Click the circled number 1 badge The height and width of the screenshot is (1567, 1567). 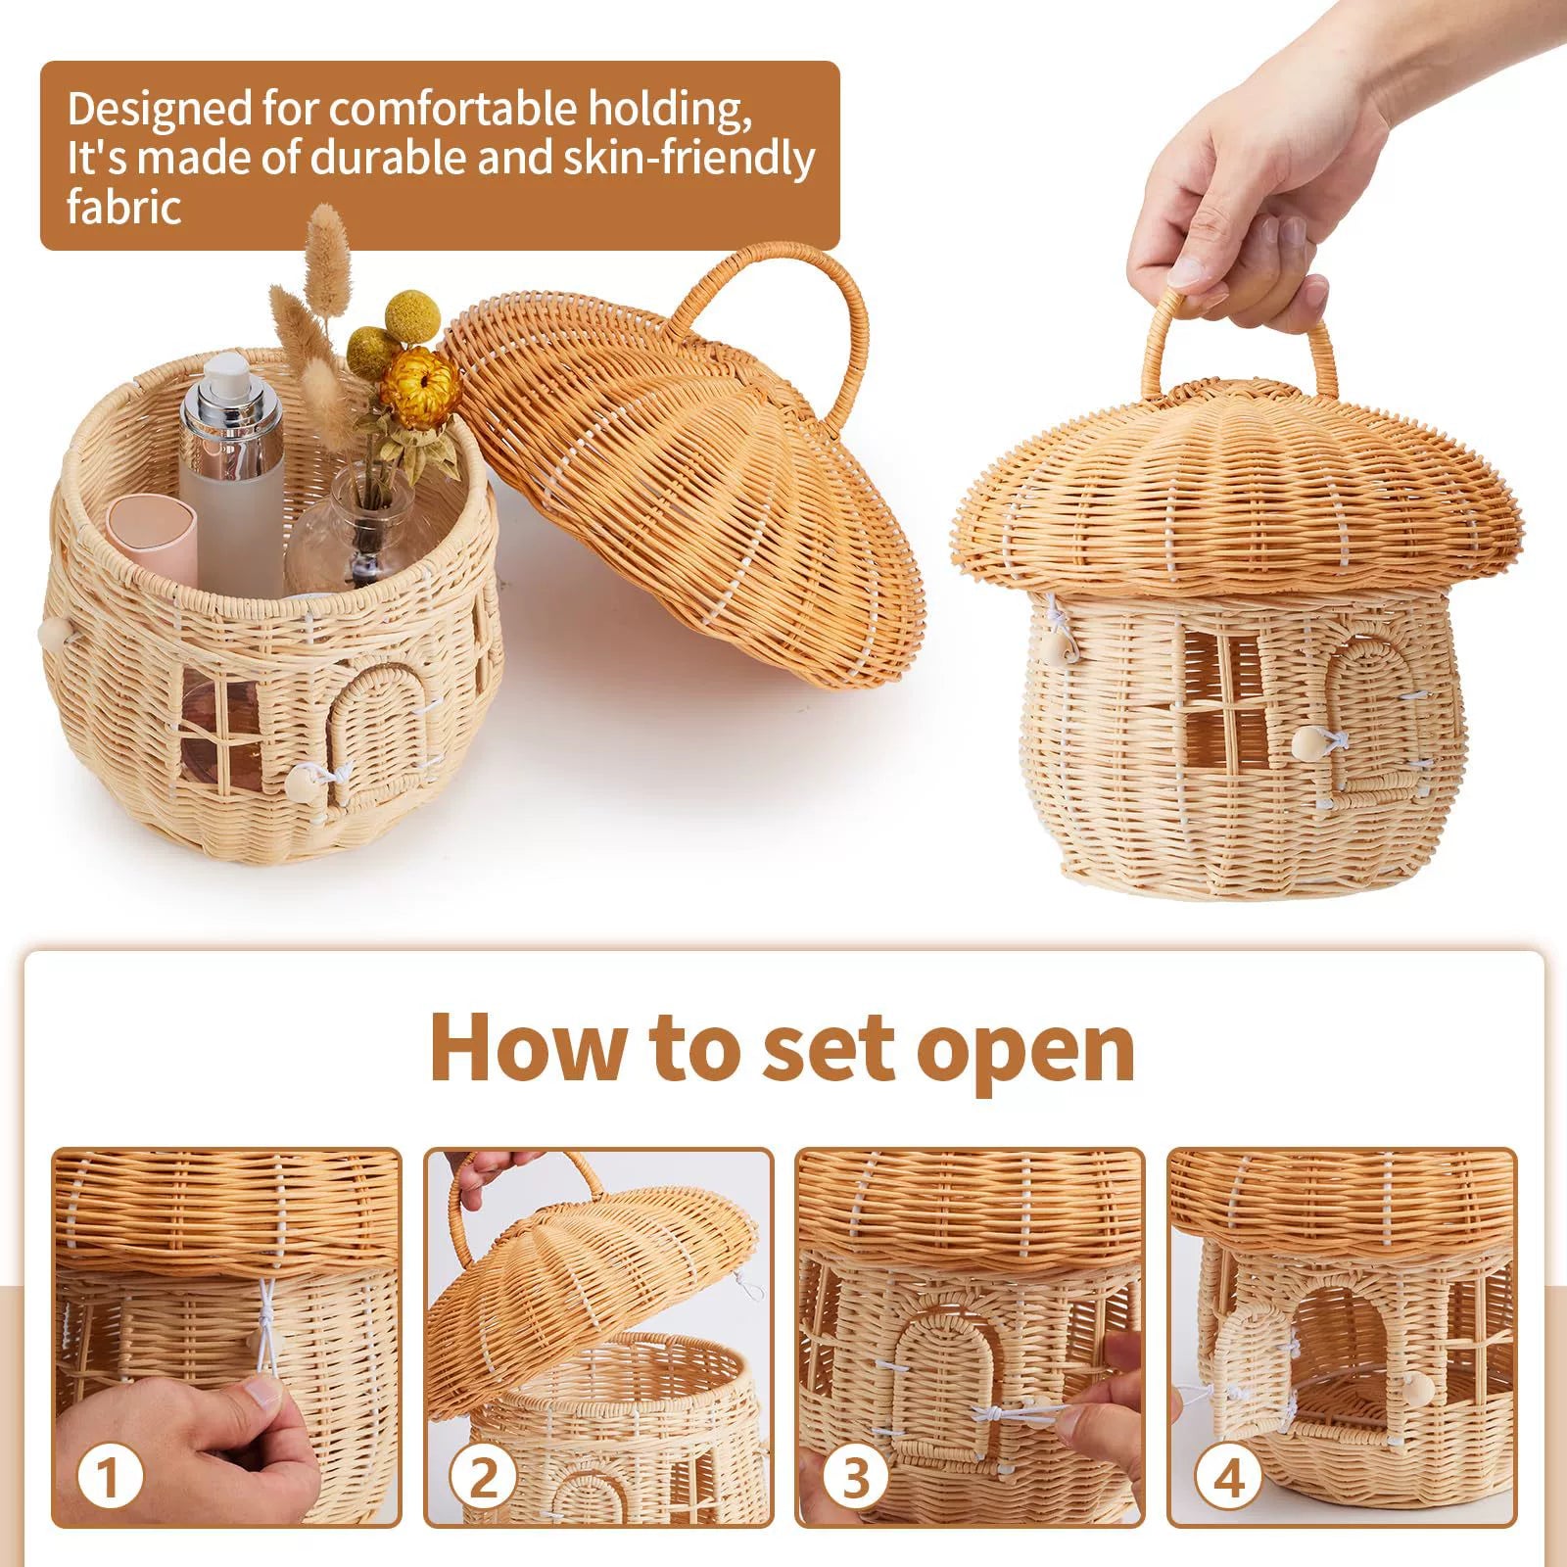(x=110, y=1478)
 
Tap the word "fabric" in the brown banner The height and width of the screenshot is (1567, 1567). (x=124, y=208)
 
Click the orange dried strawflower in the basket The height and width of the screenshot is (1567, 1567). (x=421, y=387)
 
